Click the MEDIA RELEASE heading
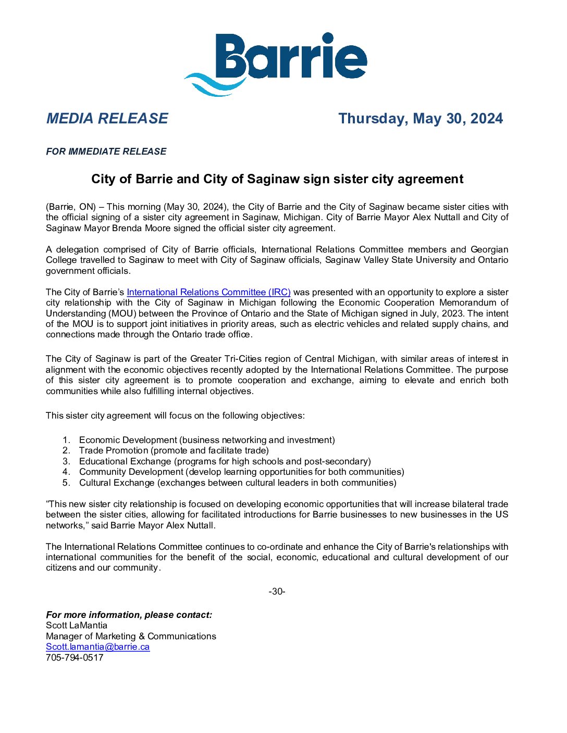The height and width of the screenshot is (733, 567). [107, 119]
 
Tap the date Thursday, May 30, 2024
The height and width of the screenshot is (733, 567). [420, 119]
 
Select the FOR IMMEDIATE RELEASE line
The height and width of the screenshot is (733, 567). [106, 151]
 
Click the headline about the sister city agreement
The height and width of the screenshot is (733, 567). [277, 179]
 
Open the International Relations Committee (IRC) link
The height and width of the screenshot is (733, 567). [208, 293]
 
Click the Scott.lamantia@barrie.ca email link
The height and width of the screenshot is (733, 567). [98, 647]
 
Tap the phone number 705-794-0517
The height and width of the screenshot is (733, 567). [75, 658]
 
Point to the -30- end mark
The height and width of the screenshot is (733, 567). [277, 592]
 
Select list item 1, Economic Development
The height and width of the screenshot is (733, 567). [207, 440]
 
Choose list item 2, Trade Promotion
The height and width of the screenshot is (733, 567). [174, 451]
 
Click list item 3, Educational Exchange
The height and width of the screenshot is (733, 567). [225, 462]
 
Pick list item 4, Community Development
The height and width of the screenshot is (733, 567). [241, 472]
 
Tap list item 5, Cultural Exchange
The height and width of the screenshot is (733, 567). [238, 483]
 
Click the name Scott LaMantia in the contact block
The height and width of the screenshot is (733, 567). [77, 626]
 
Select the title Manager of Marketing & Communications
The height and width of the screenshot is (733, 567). [131, 637]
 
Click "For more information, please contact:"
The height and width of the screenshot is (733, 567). [129, 615]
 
